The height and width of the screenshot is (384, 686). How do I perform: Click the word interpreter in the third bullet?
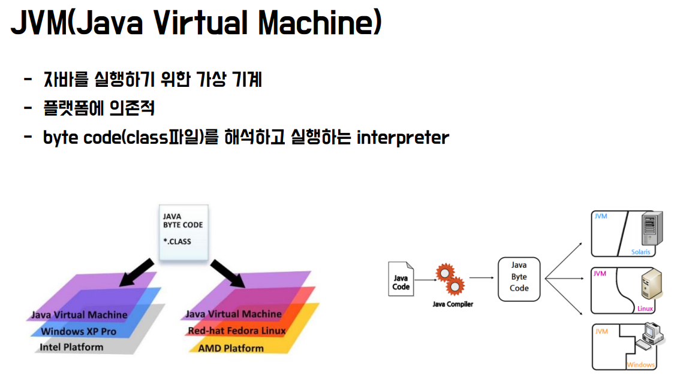(x=402, y=138)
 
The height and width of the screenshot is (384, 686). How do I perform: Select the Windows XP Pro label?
(x=79, y=331)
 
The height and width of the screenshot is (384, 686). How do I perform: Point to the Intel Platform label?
(x=71, y=347)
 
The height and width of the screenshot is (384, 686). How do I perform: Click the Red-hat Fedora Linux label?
(x=237, y=331)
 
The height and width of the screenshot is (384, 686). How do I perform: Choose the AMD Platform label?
(x=231, y=347)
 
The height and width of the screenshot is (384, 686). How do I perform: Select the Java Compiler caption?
(x=453, y=304)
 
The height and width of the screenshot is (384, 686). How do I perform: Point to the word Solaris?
(x=640, y=252)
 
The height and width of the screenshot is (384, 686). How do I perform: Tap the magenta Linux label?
(x=645, y=309)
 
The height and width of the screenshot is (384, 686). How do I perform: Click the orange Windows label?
(x=640, y=365)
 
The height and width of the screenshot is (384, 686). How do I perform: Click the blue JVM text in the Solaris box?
(x=600, y=216)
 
